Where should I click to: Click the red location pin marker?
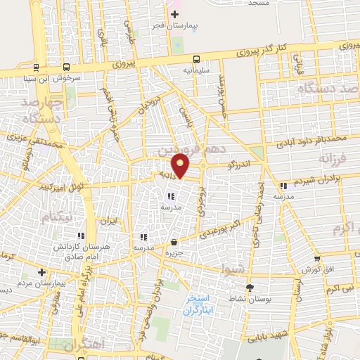tap(181, 165)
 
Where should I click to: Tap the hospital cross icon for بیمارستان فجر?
tap(175, 14)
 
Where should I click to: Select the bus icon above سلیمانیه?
tap(197, 59)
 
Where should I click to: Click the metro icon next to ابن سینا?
tap(34, 68)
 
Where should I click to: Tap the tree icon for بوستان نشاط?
tap(250, 288)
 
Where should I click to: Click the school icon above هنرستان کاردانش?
tap(82, 236)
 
